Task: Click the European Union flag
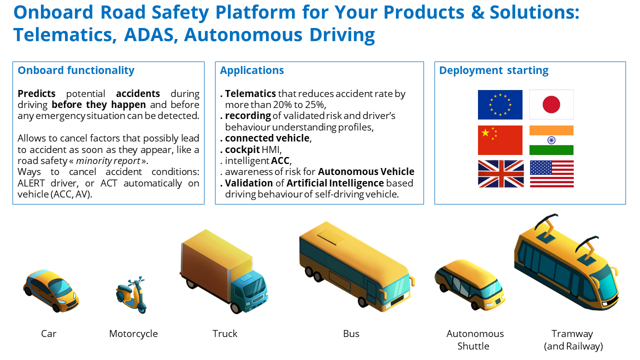[500, 104]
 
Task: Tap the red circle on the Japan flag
[551, 104]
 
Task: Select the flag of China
[500, 140]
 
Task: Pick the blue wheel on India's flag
[551, 140]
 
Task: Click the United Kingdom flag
[500, 173]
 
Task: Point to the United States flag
[551, 173]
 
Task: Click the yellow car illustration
[51, 291]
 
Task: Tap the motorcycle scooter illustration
[131, 295]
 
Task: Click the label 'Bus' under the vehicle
[351, 333]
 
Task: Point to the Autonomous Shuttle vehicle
[469, 284]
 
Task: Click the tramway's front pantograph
[587, 249]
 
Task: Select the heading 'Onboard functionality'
[76, 70]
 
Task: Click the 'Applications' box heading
[251, 70]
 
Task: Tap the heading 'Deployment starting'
[493, 70]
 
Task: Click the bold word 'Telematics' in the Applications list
[250, 93]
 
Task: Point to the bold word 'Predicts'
[36, 93]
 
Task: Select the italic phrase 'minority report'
[108, 161]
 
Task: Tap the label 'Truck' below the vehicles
[225, 333]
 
